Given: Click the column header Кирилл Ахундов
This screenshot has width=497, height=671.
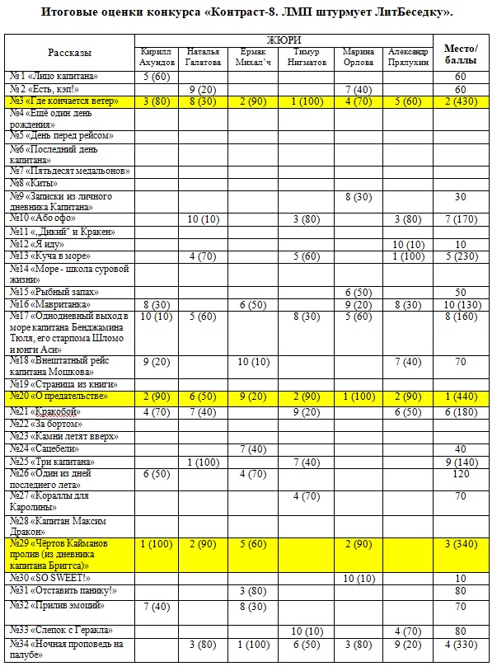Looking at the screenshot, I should click(157, 56).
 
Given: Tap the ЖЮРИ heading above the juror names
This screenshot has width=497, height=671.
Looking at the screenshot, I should click(284, 40).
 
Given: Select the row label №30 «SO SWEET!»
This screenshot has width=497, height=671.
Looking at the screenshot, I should click(50, 578).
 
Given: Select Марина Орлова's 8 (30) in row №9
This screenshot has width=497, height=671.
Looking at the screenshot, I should click(358, 197).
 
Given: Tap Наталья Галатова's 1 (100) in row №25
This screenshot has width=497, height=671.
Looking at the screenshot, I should click(204, 462).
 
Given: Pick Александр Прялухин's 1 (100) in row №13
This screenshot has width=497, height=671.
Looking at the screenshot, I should click(410, 256).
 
